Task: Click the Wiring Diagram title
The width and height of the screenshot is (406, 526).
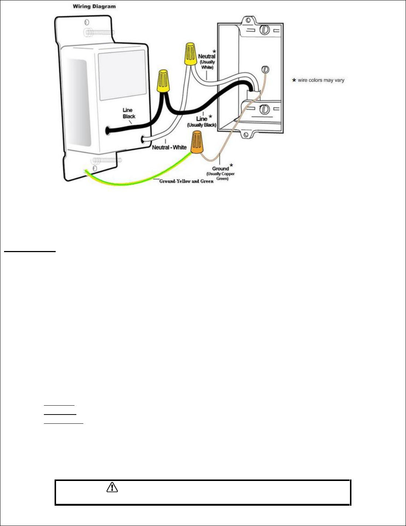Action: click(x=94, y=6)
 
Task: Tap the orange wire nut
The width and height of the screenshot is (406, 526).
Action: click(x=197, y=144)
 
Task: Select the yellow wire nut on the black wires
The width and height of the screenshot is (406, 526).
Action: click(x=163, y=82)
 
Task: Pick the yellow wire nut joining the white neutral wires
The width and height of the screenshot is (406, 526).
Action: click(x=190, y=54)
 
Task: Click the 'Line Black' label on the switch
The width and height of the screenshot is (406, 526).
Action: click(x=129, y=113)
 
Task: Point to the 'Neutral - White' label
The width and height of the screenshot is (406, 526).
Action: click(x=169, y=147)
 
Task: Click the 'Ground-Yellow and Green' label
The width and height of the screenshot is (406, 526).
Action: click(x=186, y=181)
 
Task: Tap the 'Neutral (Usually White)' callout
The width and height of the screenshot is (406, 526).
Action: click(x=207, y=61)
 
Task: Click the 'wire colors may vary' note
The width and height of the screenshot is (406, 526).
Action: click(x=320, y=80)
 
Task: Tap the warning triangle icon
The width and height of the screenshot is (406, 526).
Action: click(x=112, y=488)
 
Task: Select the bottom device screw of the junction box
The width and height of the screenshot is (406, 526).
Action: click(x=264, y=109)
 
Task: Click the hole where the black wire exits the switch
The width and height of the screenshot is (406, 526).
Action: click(x=108, y=130)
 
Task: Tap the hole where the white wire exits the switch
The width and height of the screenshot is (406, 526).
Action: click(x=143, y=139)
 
